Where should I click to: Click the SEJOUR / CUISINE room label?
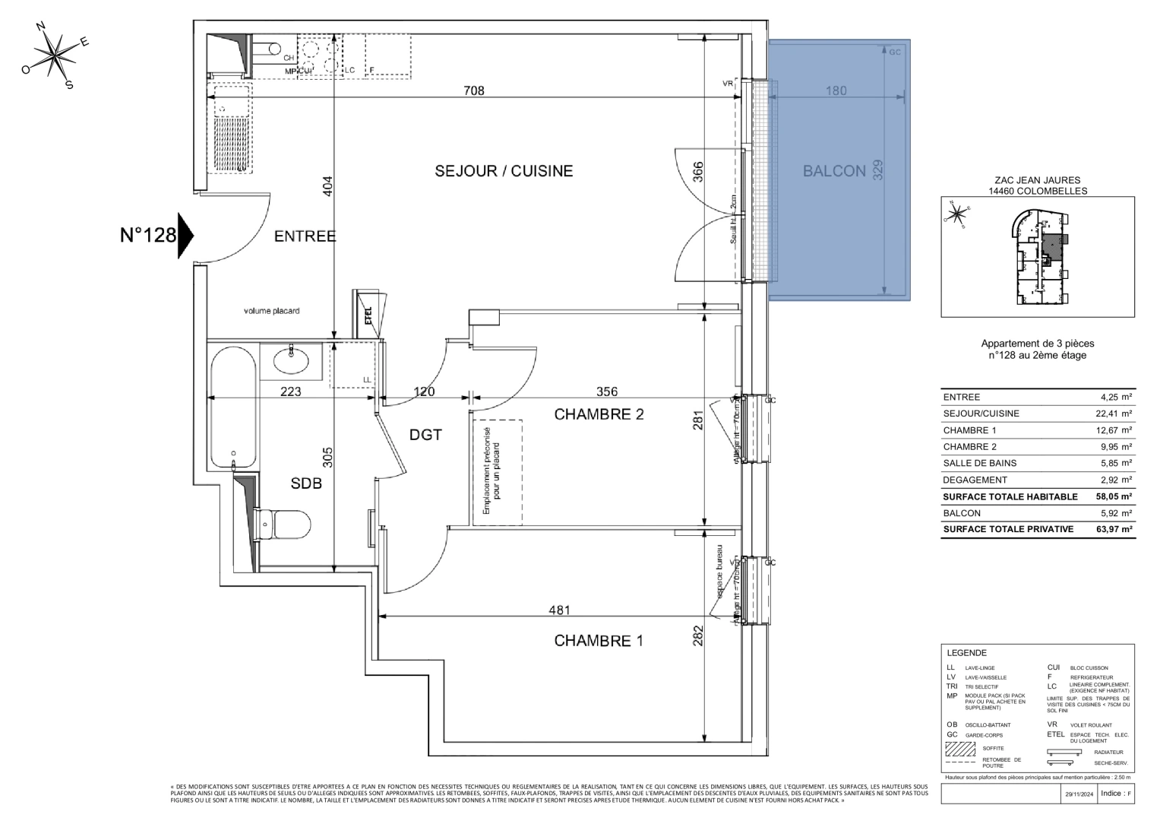[504, 171]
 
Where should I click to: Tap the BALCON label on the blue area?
[834, 171]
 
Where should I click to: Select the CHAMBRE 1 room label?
[599, 641]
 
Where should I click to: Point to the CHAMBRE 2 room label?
[599, 414]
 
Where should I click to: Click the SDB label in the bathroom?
[306, 483]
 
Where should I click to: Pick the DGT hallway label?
[425, 435]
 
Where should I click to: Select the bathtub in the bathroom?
[232, 407]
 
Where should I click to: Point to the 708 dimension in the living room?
[474, 91]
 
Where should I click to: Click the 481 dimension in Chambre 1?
[559, 610]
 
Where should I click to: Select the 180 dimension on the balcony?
[836, 91]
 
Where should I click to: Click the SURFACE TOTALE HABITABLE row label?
[1010, 496]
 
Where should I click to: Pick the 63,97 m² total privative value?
[1114, 529]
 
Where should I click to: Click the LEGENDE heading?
[966, 653]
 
